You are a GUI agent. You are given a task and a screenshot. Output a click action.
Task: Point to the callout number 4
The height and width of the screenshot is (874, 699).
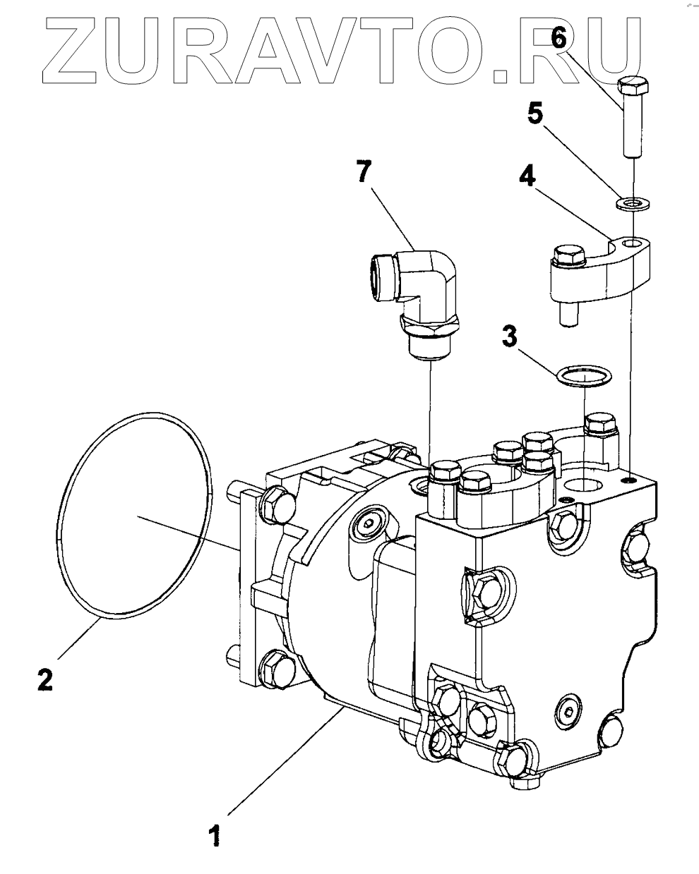coord(527,175)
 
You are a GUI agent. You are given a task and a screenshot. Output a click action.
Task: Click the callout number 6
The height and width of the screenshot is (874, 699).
coord(558,38)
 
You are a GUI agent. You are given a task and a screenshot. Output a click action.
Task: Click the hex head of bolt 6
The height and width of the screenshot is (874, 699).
coord(633,85)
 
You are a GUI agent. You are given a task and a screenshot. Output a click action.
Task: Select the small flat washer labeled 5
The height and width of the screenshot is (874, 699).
coord(633,202)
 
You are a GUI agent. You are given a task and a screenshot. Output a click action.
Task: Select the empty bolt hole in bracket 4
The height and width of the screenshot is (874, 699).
coord(633,243)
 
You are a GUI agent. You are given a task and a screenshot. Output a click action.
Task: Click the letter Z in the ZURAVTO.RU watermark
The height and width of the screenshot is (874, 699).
coord(70,51)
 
